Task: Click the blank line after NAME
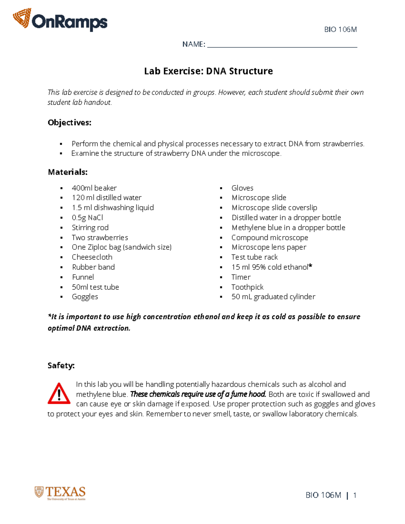[282, 45]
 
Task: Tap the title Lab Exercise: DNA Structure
[208, 71]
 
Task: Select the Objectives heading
[70, 122]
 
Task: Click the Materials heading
[67, 172]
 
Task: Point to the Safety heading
[61, 365]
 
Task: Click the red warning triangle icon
[59, 393]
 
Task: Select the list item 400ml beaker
[94, 188]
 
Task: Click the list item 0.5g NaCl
[87, 218]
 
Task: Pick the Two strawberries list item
[100, 238]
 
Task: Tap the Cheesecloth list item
[92, 257]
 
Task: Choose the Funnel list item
[83, 277]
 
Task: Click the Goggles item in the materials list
[85, 297]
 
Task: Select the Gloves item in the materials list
[242, 188]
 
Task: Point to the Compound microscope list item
[270, 238]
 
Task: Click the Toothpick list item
[247, 287]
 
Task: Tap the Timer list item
[241, 277]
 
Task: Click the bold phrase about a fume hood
[198, 394]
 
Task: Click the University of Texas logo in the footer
[60, 493]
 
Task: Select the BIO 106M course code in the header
[340, 30]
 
